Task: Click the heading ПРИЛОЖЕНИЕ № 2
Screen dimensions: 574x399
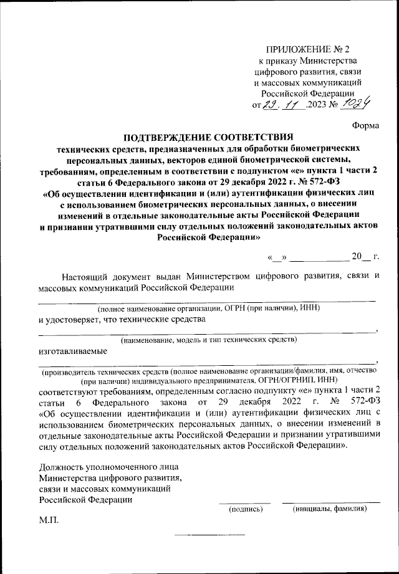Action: (x=309, y=49)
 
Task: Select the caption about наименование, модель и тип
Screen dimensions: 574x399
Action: (x=208, y=340)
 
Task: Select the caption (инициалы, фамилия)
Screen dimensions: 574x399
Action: (x=330, y=509)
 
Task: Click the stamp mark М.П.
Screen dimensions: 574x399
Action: (x=49, y=520)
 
